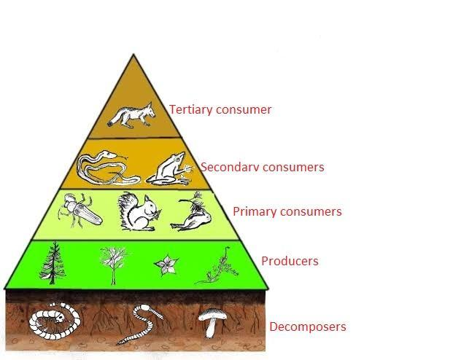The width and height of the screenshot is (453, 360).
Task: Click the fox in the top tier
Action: coord(131,115)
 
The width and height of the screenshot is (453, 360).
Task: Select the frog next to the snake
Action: coord(169,171)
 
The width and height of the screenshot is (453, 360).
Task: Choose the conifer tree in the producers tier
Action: coord(53,264)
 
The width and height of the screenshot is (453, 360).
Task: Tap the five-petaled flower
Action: coord(166,265)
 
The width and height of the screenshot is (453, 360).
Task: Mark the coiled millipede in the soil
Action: coord(54,321)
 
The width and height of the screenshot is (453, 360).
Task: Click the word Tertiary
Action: coord(190,110)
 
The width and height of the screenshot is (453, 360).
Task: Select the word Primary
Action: coord(255,211)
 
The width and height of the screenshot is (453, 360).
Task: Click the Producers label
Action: coord(290,261)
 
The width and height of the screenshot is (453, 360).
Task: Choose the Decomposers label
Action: coord(308,326)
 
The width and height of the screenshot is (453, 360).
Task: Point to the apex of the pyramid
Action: coord(133,54)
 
